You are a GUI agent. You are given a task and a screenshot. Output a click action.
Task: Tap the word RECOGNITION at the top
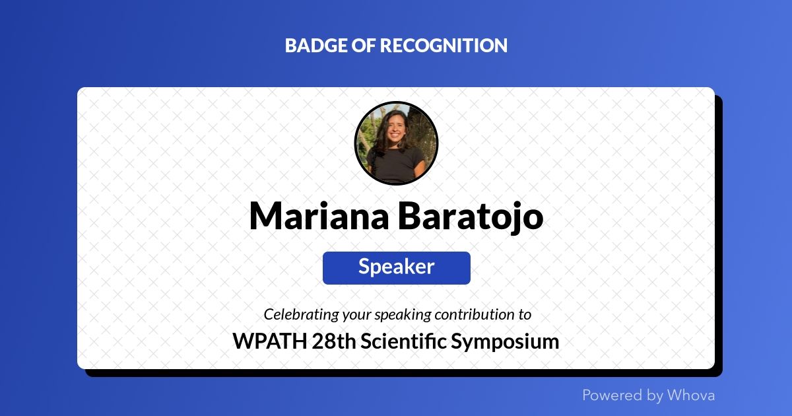tap(444, 46)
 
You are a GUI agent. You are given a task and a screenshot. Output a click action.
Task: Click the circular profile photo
tap(396, 143)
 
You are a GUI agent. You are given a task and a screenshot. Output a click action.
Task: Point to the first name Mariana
tap(319, 216)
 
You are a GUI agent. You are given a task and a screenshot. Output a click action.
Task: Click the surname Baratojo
tap(471, 217)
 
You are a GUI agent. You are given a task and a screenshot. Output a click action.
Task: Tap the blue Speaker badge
tap(397, 268)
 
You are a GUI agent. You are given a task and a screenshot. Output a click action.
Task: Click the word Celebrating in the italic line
tap(301, 314)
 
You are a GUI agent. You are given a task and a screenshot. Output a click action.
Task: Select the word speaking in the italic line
tap(403, 314)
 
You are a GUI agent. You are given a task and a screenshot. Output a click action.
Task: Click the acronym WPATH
tap(270, 341)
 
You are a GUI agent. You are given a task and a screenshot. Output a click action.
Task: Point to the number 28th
tap(334, 341)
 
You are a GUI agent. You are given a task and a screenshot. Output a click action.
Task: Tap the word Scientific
tap(403, 341)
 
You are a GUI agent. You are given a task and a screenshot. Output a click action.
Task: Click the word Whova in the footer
tap(691, 395)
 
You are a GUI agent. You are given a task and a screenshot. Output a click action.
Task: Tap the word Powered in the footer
tap(612, 395)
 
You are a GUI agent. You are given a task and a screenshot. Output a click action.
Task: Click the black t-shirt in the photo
tap(395, 164)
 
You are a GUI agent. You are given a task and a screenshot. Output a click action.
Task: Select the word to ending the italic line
tap(526, 314)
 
